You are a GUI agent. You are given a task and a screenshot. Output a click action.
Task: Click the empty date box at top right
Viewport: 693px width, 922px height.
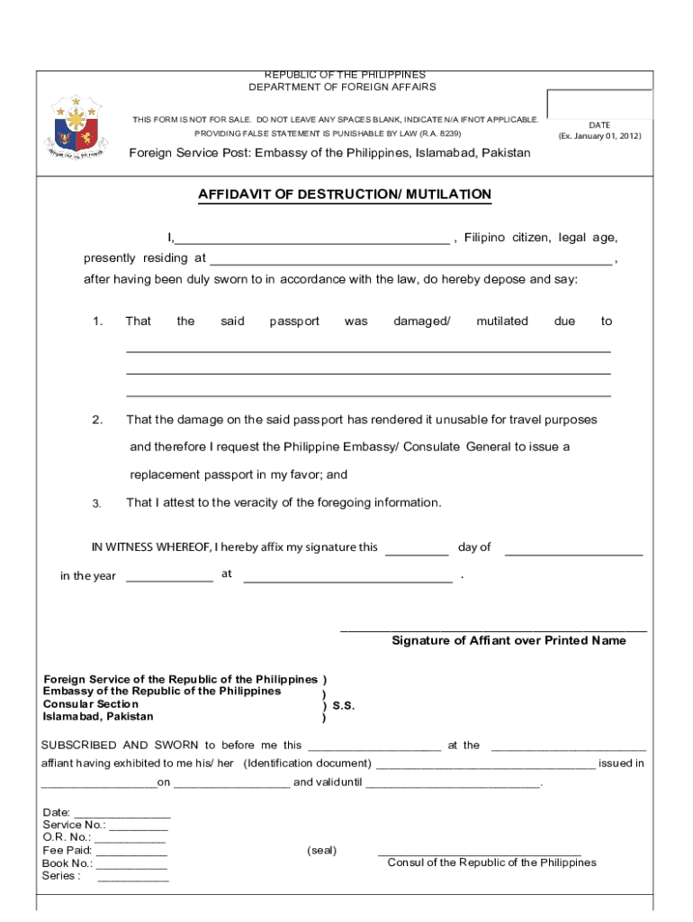[598, 104]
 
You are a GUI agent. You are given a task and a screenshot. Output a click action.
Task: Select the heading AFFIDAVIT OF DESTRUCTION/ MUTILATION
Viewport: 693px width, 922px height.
[345, 194]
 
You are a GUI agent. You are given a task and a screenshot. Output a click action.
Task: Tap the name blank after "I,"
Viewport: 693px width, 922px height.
[311, 239]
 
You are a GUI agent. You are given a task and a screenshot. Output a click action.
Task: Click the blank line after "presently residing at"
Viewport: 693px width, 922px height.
[410, 259]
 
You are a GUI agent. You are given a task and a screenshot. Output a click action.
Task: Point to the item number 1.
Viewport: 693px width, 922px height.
[97, 321]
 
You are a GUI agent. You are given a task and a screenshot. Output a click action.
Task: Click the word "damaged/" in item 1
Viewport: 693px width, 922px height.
[421, 321]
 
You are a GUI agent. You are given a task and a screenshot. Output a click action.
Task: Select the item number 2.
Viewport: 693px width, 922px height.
[97, 420]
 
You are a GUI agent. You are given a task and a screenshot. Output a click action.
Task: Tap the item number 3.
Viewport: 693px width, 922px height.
[97, 503]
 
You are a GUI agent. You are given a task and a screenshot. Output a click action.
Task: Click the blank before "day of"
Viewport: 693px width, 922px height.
[417, 549]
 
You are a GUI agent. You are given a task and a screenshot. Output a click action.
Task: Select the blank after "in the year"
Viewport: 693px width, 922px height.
[169, 576]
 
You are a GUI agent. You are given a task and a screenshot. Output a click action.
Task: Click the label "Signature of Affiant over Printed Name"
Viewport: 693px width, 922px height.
[508, 641]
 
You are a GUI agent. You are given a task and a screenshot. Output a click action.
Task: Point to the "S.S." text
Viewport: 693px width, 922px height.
[344, 707]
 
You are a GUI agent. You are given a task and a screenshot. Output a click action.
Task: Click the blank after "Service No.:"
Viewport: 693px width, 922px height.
[139, 826]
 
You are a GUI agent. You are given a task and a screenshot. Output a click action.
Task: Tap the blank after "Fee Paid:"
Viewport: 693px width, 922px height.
[131, 851]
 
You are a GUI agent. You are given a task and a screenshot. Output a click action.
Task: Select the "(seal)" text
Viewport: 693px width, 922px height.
[321, 851]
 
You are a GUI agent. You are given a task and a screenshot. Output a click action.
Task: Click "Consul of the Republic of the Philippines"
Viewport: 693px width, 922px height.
[491, 863]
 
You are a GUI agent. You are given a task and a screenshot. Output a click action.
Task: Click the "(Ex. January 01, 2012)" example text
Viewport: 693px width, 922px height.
[599, 136]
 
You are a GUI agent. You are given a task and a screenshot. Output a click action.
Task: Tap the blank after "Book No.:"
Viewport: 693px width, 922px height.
[132, 863]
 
